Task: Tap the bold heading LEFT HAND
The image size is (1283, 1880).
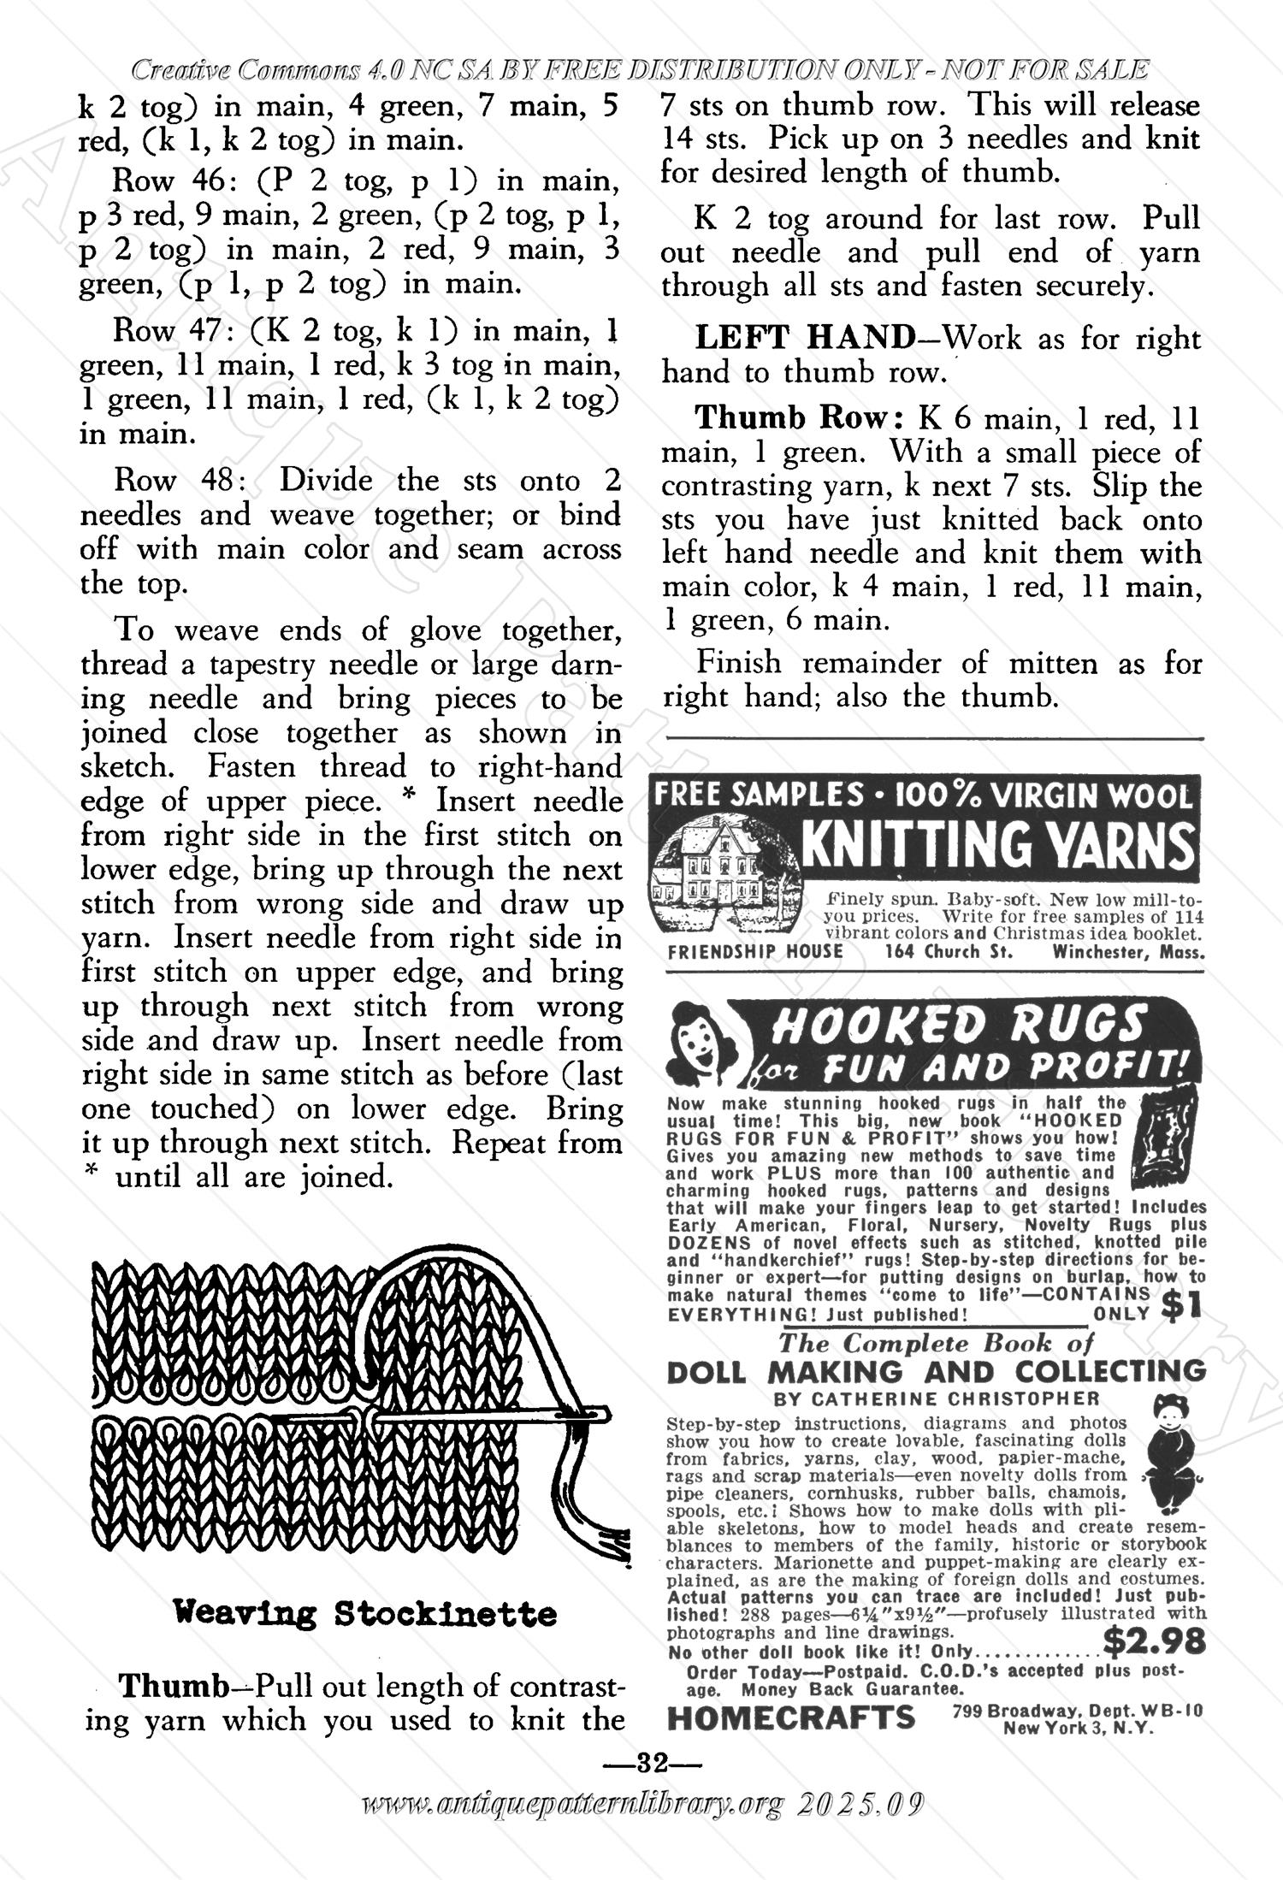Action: coord(805,339)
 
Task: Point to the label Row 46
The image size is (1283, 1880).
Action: coord(168,181)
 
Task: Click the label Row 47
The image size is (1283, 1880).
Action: coord(168,331)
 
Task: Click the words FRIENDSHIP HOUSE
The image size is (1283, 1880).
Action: coord(755,952)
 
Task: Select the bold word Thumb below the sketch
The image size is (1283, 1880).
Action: coord(173,1686)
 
